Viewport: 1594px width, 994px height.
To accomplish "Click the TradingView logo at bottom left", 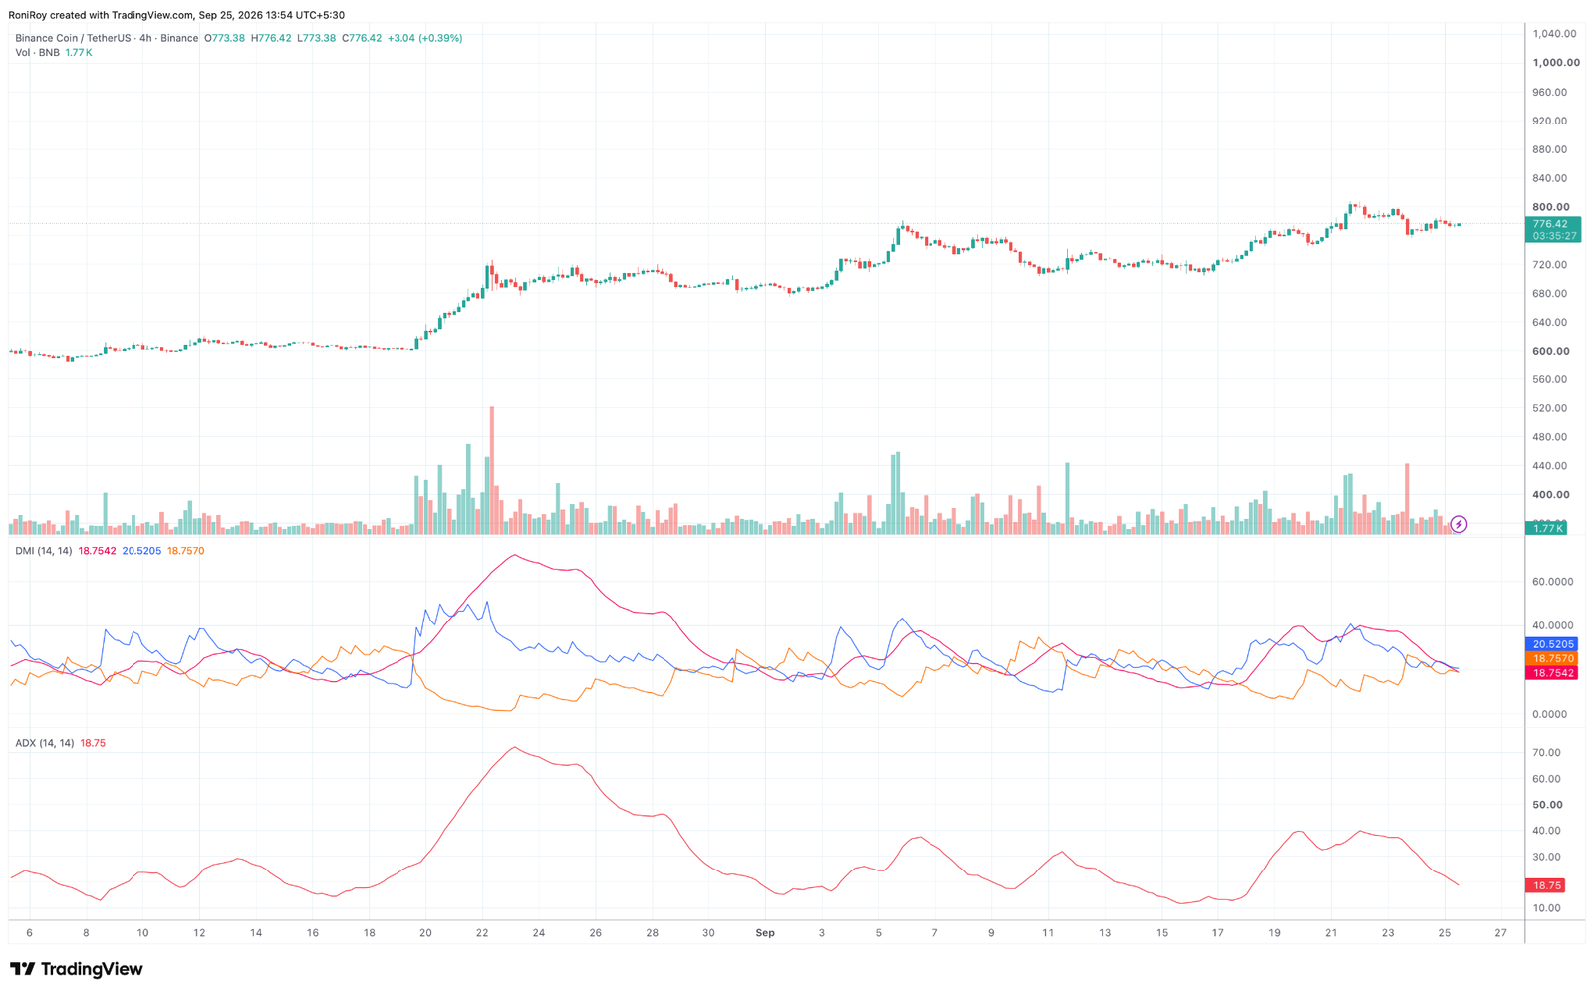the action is [76, 969].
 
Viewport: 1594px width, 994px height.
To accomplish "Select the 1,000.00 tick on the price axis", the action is [1556, 63].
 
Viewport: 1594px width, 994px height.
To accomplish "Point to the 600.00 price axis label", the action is [1550, 351].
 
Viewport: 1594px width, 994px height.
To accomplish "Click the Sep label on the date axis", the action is [765, 933].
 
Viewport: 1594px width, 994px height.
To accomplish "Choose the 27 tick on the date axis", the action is [1500, 933].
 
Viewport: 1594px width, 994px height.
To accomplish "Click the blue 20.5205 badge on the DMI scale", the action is [1553, 644].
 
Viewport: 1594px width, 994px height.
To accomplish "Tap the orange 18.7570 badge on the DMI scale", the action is [1553, 659].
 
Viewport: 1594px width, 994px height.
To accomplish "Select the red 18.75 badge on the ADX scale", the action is [1547, 885].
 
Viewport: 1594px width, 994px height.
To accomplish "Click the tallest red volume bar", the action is [492, 470].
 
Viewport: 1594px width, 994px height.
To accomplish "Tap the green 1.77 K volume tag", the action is [1546, 528].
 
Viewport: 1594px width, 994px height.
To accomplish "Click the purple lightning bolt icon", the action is [1459, 525].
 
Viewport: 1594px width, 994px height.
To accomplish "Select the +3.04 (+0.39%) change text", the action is [424, 38].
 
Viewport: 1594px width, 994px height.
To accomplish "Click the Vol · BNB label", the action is [37, 53].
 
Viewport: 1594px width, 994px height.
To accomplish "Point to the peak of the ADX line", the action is [514, 747].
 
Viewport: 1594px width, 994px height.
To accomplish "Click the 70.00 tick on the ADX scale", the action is [1547, 753].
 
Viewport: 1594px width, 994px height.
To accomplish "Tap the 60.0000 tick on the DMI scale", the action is [1553, 582].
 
